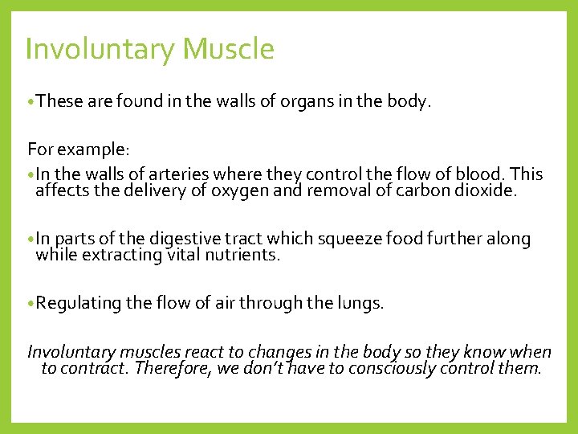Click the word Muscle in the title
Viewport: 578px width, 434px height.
[229, 50]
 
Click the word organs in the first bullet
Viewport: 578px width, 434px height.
[299, 102]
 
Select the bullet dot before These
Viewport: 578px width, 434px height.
[31, 102]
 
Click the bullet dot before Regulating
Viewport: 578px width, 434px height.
[31, 304]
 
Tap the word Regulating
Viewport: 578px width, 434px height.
[78, 304]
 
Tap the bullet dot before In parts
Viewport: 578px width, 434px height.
[31, 240]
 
